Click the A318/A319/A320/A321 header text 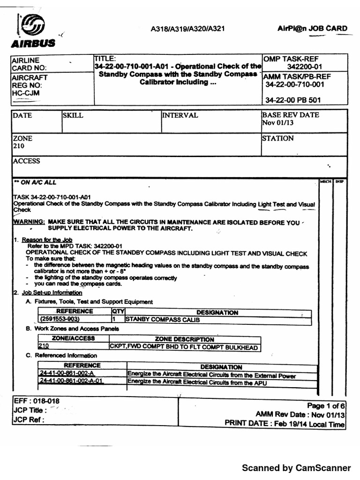tap(187, 29)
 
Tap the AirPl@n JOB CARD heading tap(311, 28)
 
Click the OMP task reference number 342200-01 tap(304, 67)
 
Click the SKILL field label tap(73, 116)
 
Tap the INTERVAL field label tap(180, 115)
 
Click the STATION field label tap(278, 138)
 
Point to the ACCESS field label tap(27, 161)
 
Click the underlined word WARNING tap(29, 222)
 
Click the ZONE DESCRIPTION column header tap(184, 339)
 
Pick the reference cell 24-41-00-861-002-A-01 tap(71, 381)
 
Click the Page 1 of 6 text tap(326, 405)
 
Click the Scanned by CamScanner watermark tap(296, 467)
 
